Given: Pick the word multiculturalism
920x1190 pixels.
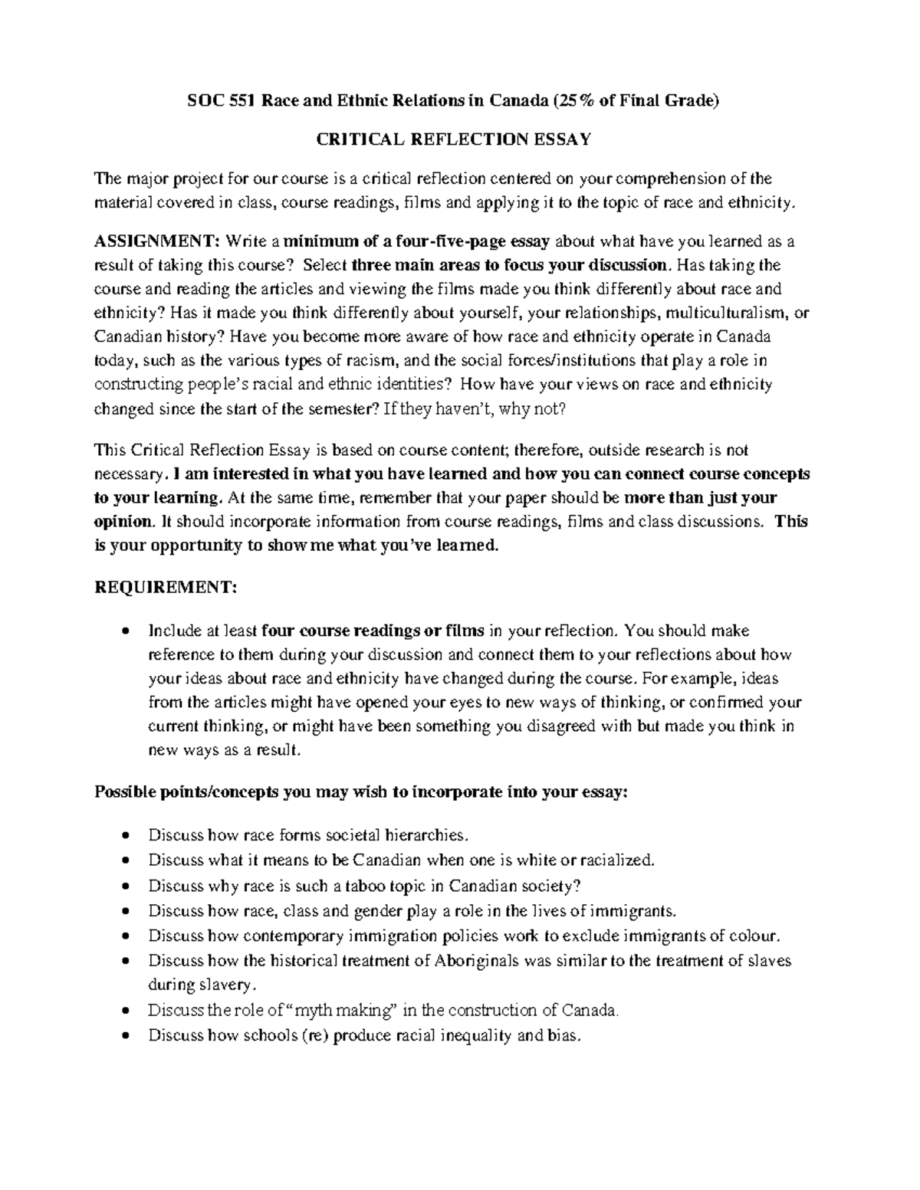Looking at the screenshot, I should point(728,313).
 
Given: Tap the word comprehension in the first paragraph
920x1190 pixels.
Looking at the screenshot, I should point(680,179).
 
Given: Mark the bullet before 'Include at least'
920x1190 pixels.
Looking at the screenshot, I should point(125,632).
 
